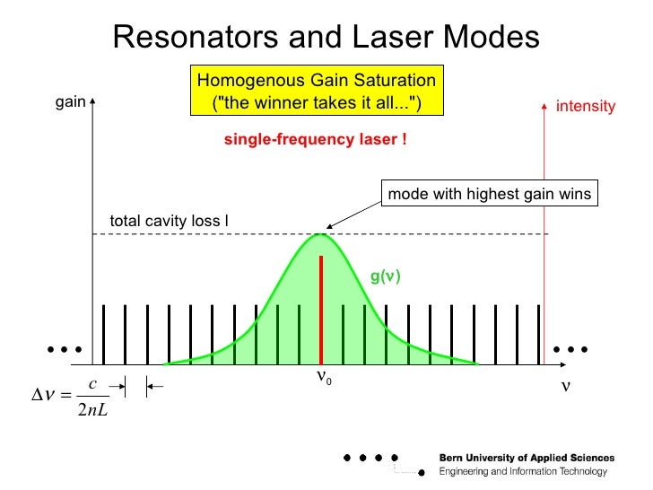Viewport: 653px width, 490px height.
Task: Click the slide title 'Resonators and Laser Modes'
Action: (x=326, y=37)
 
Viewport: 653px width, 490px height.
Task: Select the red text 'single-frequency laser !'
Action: (x=316, y=141)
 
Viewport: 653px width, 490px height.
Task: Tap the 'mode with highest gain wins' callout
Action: (x=489, y=194)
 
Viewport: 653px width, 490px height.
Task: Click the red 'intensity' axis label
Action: (x=586, y=107)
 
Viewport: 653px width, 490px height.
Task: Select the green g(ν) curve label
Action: (x=385, y=276)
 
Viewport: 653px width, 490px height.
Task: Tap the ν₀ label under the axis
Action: (x=324, y=378)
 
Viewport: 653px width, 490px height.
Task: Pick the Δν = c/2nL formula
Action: (x=72, y=398)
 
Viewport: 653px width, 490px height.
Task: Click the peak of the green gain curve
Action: (x=321, y=235)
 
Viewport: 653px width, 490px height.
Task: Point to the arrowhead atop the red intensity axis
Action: (x=544, y=103)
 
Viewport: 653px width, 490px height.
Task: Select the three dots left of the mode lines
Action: (x=65, y=347)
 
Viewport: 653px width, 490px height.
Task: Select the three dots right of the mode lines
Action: (x=570, y=347)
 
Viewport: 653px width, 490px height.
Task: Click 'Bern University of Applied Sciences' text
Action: (x=527, y=458)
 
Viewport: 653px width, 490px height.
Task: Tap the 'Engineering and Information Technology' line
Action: (x=523, y=471)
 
